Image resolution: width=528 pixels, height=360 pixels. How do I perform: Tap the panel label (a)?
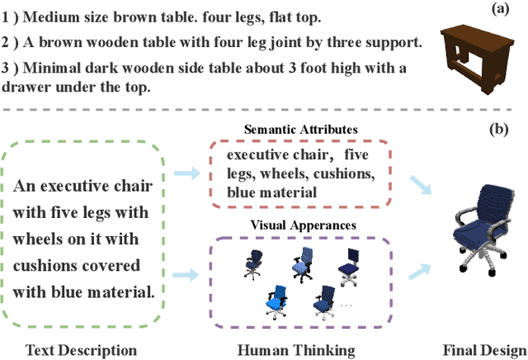pyautogui.click(x=499, y=9)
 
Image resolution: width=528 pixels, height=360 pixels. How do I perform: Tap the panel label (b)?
pyautogui.click(x=499, y=129)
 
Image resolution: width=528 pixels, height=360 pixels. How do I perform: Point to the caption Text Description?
pyautogui.click(x=81, y=350)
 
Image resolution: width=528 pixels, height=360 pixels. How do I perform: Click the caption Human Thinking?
pyautogui.click(x=296, y=350)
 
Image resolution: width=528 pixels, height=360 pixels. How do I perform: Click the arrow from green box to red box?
pyautogui.click(x=189, y=173)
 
